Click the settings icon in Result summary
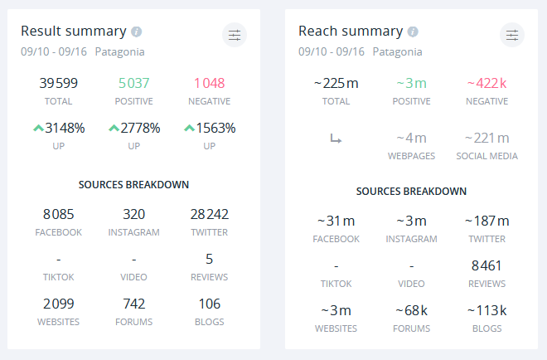(x=235, y=35)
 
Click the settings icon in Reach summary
(x=512, y=35)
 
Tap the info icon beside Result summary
(x=137, y=32)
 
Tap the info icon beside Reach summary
(x=413, y=32)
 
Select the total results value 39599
(x=59, y=83)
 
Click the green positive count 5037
(x=133, y=83)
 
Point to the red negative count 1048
(x=209, y=83)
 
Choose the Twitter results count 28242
(x=209, y=214)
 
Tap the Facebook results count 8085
(x=59, y=214)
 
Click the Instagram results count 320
(x=133, y=214)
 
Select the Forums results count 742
(x=133, y=304)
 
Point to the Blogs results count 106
(x=209, y=304)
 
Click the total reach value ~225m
(x=336, y=83)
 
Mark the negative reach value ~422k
(x=486, y=83)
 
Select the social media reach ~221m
(x=486, y=138)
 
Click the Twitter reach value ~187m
(x=486, y=221)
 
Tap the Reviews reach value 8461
(x=486, y=265)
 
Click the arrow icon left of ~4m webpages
(x=336, y=139)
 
